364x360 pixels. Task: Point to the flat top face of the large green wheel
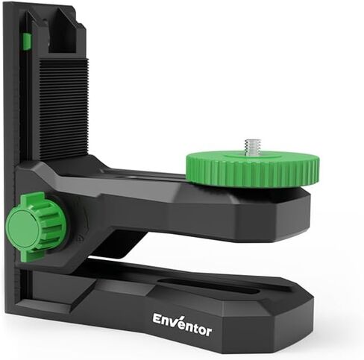click(x=224, y=158)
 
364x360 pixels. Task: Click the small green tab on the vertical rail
click(x=26, y=42)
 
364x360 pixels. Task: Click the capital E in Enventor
click(x=158, y=318)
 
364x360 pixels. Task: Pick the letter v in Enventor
click(x=175, y=323)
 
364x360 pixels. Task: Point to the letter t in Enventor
click(x=192, y=324)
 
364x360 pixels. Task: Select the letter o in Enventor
click(x=199, y=327)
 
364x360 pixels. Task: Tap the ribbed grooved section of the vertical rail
click(x=63, y=104)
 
